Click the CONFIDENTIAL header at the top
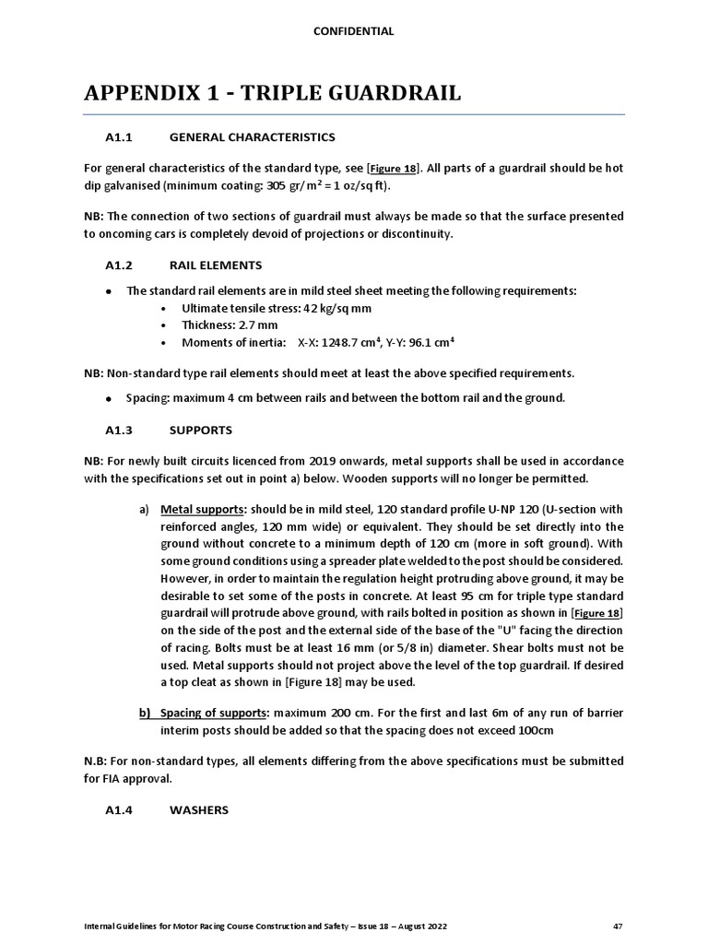(354, 31)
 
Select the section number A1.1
(121, 137)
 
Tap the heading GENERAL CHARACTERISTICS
(253, 137)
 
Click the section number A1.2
(121, 265)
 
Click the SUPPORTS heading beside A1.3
(201, 431)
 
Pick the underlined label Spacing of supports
(216, 713)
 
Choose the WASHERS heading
(199, 810)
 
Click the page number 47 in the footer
(618, 925)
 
